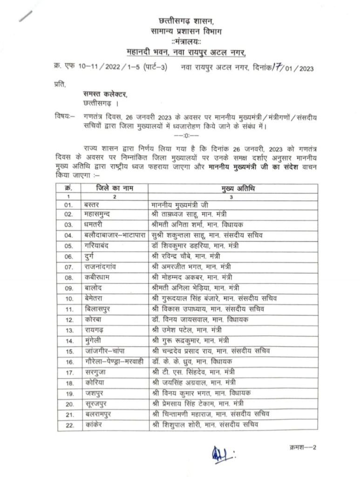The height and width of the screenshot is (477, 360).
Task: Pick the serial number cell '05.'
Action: [x=69, y=245]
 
